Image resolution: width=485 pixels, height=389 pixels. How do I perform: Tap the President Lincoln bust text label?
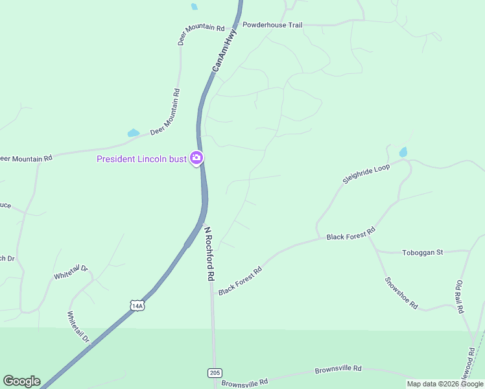[x=141, y=159]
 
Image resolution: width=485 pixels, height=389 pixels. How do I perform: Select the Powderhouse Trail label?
[x=272, y=25]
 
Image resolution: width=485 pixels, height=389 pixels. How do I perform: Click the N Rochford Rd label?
[x=209, y=253]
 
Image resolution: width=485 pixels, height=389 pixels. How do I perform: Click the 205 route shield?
[x=215, y=372]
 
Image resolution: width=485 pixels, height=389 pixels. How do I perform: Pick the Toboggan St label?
[x=422, y=252]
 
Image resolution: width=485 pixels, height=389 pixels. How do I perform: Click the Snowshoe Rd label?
[x=401, y=293]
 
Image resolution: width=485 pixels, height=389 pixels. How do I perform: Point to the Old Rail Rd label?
[x=460, y=297]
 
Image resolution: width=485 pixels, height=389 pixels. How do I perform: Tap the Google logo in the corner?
[x=21, y=381]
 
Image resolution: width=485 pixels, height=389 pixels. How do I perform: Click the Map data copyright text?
[x=445, y=384]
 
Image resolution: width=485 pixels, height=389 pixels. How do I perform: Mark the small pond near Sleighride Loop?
[x=403, y=153]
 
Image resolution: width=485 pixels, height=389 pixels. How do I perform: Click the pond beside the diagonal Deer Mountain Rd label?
[x=134, y=133]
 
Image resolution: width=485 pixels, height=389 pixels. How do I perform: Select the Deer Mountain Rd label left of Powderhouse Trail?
[x=201, y=34]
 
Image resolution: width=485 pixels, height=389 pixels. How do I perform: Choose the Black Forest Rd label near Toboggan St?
[x=351, y=233]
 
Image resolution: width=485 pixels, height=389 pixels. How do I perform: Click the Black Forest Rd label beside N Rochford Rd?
[x=240, y=281]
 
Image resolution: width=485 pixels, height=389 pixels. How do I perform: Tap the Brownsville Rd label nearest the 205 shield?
[x=244, y=383]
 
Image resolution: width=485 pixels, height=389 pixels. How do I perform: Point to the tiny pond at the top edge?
[x=194, y=6]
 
